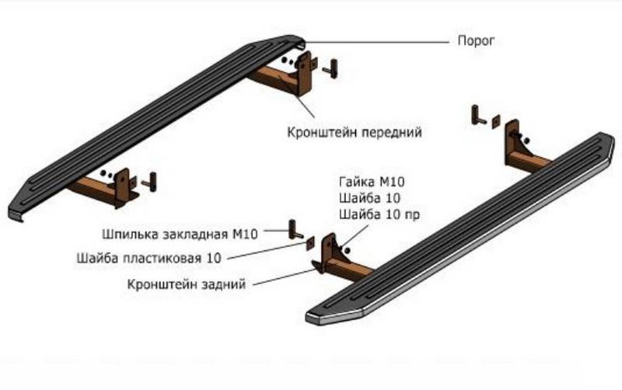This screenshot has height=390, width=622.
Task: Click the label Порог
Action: tap(474, 40)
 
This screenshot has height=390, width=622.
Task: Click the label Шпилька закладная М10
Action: tap(181, 233)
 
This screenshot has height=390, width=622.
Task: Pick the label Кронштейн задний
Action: tap(187, 284)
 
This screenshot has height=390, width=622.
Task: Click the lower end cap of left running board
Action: tap(17, 212)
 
